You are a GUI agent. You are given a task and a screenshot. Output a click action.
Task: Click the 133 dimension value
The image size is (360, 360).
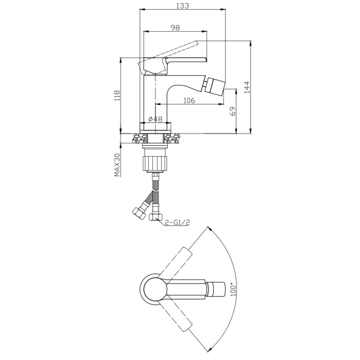pyautogui.click(x=182, y=6)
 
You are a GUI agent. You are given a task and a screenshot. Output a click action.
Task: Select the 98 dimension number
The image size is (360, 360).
pyautogui.click(x=175, y=28)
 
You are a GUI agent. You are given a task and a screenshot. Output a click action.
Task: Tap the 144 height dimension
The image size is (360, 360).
pyautogui.click(x=247, y=87)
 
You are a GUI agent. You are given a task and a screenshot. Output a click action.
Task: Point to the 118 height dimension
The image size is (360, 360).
pyautogui.click(x=117, y=96)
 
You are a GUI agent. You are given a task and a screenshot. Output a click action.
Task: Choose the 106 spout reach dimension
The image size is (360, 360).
pyautogui.click(x=189, y=100)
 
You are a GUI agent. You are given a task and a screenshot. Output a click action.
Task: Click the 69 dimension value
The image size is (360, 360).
pyautogui.click(x=233, y=111)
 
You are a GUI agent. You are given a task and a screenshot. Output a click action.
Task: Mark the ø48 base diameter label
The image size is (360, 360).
pyautogui.click(x=156, y=119)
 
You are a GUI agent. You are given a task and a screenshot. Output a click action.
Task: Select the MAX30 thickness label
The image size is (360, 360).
pyautogui.click(x=118, y=165)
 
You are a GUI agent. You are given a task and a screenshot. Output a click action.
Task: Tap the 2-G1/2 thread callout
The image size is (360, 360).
pyautogui.click(x=178, y=222)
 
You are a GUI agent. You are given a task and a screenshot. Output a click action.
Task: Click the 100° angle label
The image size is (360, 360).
pyautogui.click(x=233, y=289)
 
